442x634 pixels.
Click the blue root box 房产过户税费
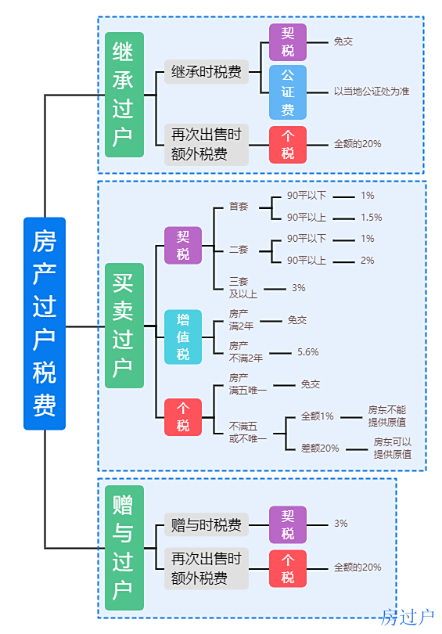click(x=45, y=323)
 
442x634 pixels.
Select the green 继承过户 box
click(x=124, y=95)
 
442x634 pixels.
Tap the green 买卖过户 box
click(x=124, y=326)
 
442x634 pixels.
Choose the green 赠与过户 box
click(x=124, y=547)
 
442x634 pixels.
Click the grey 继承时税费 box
click(x=207, y=72)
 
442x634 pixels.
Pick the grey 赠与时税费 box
click(x=207, y=525)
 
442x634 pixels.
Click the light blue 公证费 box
click(x=288, y=92)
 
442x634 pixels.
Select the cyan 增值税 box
click(x=183, y=337)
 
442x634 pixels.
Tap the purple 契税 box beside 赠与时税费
click(x=288, y=524)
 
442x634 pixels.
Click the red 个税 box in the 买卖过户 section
click(x=183, y=417)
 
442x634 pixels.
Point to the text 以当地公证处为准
click(x=372, y=92)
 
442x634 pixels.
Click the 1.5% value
click(x=372, y=218)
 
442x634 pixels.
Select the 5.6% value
click(x=308, y=352)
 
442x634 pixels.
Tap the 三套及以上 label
click(x=243, y=287)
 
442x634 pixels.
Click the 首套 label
click(x=239, y=206)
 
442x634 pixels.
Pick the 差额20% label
click(x=320, y=448)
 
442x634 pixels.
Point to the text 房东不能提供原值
click(x=387, y=416)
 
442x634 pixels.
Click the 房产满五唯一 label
click(x=248, y=384)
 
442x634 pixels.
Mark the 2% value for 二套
click(x=367, y=261)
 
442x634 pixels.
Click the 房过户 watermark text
click(x=407, y=618)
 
